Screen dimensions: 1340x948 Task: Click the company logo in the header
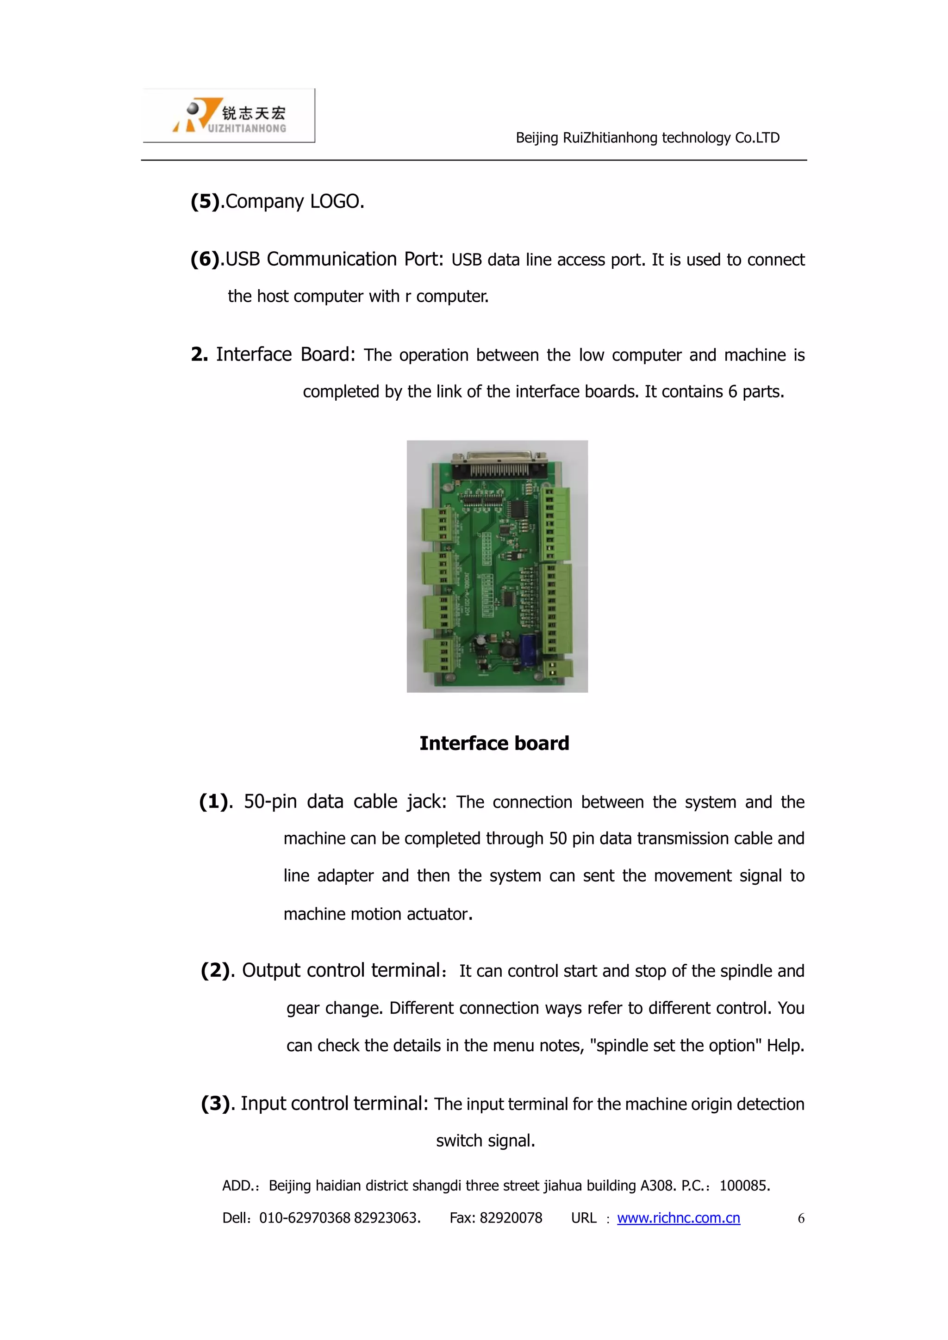[229, 116]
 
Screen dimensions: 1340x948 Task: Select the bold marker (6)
[206, 259]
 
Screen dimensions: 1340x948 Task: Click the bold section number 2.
[199, 354]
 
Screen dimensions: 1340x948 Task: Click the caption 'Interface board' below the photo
[494, 743]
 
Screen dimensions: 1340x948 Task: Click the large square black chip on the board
[519, 509]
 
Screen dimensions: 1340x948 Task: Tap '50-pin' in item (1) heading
[270, 801]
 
